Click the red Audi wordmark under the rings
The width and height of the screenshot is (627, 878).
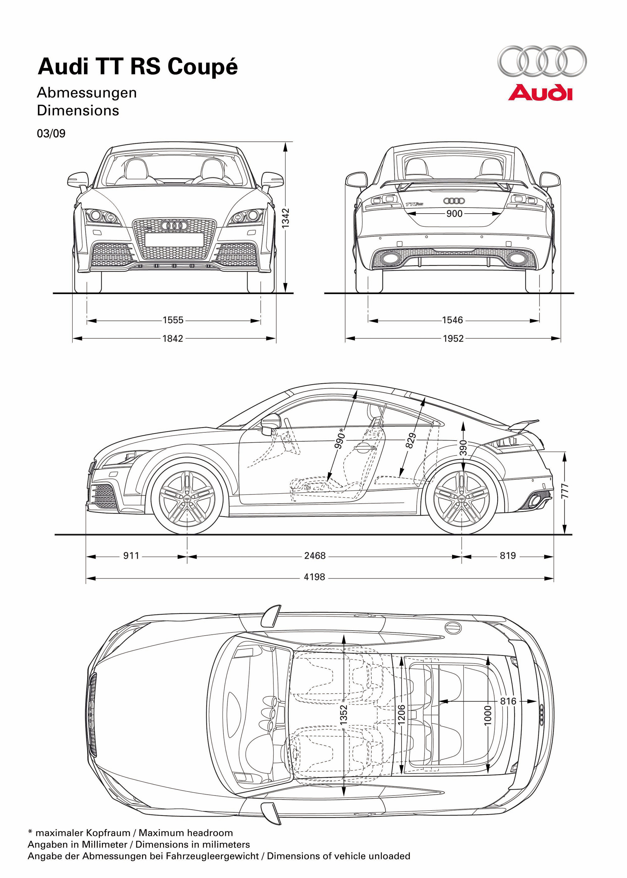[x=540, y=93]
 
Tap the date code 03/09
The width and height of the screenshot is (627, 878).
[x=51, y=134]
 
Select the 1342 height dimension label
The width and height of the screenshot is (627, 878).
[x=286, y=218]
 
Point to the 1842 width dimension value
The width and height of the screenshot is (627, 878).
[x=172, y=339]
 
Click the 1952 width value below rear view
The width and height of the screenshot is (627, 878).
[x=453, y=339]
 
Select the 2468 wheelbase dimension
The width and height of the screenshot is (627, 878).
[x=315, y=556]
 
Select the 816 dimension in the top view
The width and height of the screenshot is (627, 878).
[x=508, y=701]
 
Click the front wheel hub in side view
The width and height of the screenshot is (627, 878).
[x=187, y=499]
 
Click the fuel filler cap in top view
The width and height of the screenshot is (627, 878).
[x=453, y=628]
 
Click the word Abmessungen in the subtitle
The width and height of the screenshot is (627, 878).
[x=87, y=93]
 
